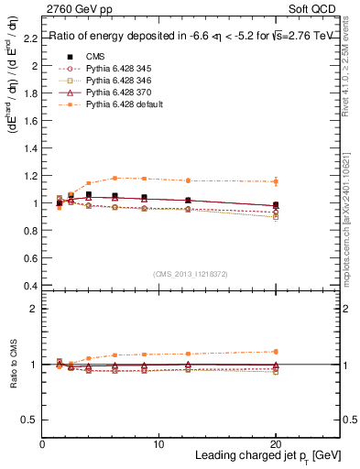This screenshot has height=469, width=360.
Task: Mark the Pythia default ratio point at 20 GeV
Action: pos(276,351)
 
